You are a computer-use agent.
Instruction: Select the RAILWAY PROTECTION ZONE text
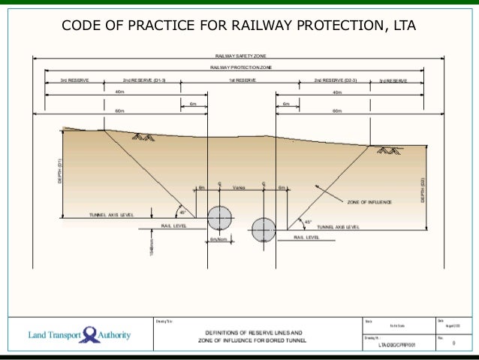(x=236, y=68)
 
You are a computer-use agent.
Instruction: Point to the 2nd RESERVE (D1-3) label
(x=144, y=79)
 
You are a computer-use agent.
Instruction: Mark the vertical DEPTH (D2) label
(x=423, y=190)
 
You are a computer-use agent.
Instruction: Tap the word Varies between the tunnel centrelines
(x=239, y=187)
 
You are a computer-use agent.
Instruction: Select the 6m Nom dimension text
(x=218, y=239)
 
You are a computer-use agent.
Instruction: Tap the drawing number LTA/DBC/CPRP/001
(x=396, y=345)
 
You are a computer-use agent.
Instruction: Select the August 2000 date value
(x=452, y=327)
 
